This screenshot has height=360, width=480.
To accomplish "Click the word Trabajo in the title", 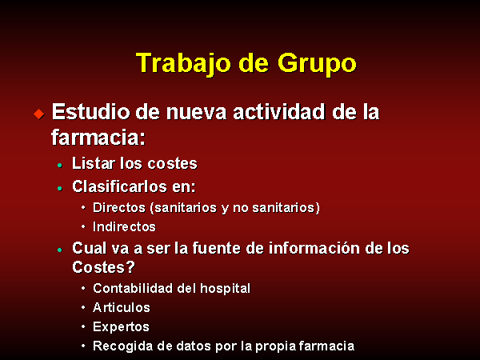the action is [x=183, y=64].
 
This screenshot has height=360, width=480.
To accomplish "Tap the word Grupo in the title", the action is [x=317, y=65].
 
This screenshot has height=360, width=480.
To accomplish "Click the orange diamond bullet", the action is [x=39, y=114].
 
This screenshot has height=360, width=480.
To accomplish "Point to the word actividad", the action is [x=279, y=111].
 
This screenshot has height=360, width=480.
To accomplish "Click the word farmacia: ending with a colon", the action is [x=98, y=137].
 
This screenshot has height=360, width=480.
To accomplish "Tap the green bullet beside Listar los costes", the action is [x=60, y=166].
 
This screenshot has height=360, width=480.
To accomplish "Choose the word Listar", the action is [x=94, y=163].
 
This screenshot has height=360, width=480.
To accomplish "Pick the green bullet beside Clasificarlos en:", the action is [x=60, y=189].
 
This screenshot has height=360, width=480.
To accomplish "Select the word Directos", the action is [x=119, y=207].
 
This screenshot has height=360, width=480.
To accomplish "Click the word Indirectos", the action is [x=124, y=227].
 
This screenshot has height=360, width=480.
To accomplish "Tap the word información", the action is [x=314, y=248].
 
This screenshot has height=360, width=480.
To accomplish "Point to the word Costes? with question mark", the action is [x=103, y=267].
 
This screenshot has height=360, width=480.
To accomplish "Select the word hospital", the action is [x=226, y=289].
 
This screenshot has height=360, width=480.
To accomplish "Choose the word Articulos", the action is [x=122, y=307].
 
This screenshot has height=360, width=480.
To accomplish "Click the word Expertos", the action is [x=122, y=327].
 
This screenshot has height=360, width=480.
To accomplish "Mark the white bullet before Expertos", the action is [x=83, y=326].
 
